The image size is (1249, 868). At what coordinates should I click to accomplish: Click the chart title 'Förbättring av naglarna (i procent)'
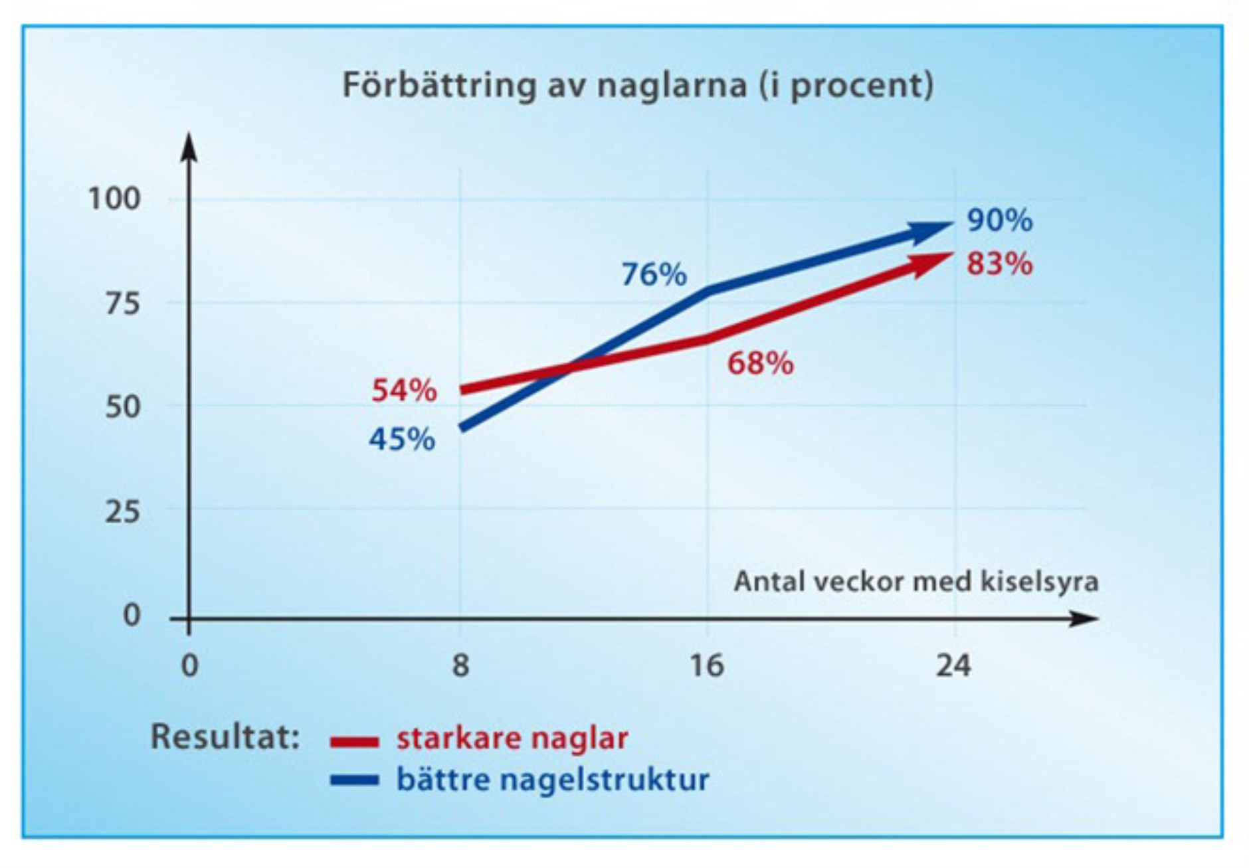point(638,85)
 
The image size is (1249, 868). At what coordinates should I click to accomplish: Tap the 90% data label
point(999,220)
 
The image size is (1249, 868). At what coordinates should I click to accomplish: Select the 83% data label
point(999,264)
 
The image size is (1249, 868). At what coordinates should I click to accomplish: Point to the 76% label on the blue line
point(654,274)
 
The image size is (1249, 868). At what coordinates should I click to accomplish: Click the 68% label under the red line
point(760,363)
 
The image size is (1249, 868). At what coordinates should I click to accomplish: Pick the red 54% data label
point(404,391)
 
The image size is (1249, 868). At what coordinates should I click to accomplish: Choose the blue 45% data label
point(402,439)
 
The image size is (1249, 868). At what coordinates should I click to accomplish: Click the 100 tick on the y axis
point(114,199)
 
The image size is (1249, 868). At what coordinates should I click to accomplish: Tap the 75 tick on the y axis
point(122,304)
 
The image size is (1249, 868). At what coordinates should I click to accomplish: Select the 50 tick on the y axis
point(122,406)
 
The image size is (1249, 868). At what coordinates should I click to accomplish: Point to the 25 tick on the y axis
point(122,511)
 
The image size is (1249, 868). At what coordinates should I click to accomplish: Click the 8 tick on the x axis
point(460,665)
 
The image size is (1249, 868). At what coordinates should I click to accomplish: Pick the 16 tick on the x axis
point(706,665)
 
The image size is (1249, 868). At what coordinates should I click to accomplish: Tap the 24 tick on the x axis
point(953,665)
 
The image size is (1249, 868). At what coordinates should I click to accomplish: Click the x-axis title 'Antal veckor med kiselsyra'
point(915,582)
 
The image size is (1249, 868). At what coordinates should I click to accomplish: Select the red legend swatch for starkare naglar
point(354,741)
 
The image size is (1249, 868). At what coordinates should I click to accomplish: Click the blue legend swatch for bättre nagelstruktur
point(354,780)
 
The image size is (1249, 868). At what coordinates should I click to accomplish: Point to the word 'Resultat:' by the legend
point(225,737)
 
